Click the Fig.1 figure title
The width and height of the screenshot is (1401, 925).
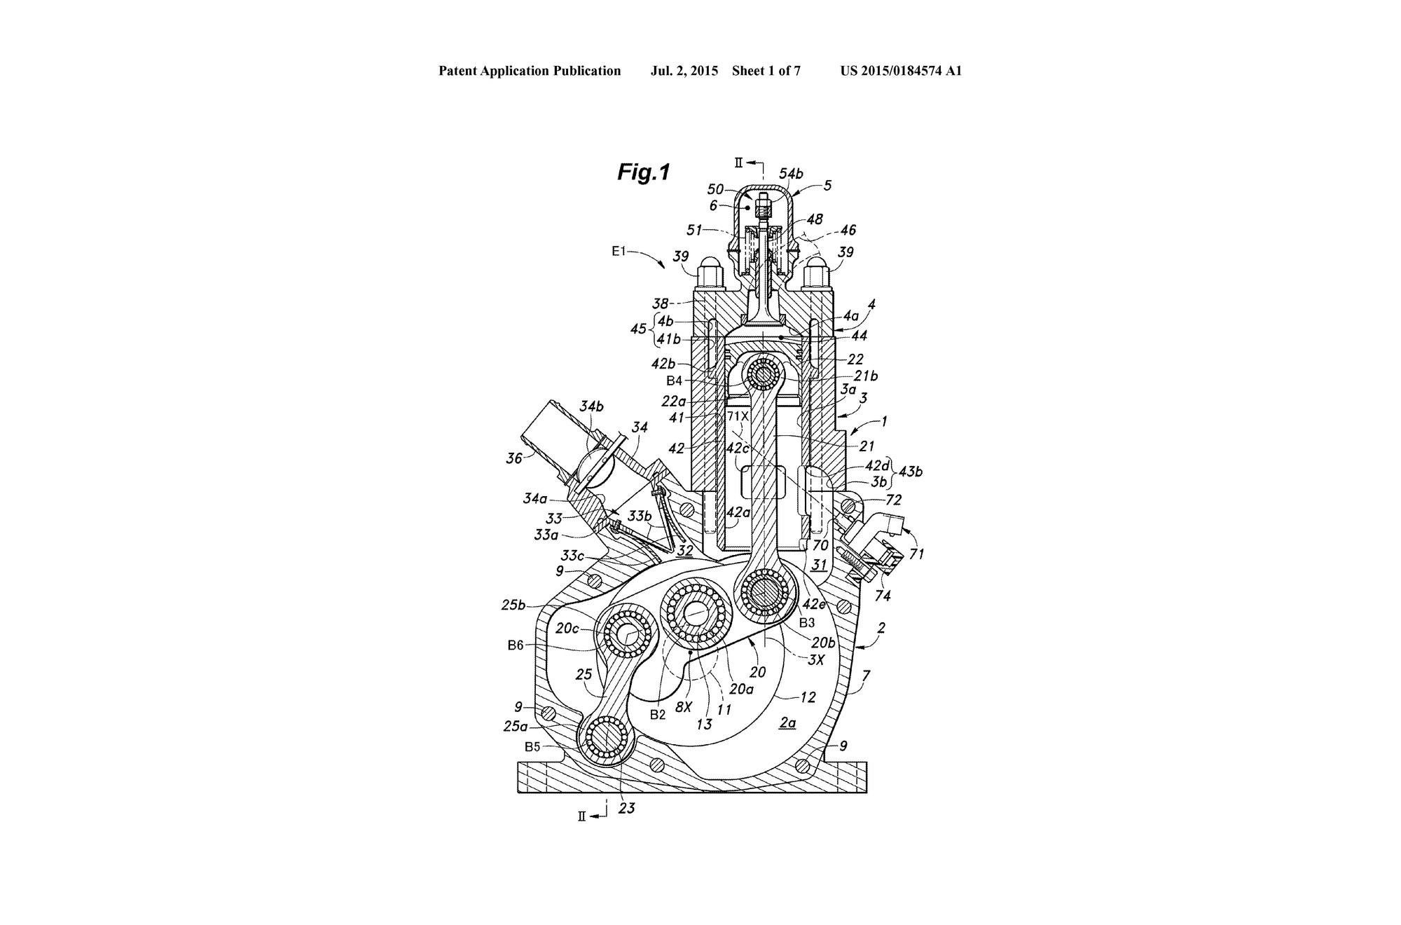click(643, 172)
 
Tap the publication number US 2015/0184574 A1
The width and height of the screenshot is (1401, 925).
click(901, 71)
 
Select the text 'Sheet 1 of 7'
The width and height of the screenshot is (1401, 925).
click(766, 71)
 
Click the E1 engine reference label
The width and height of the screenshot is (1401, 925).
click(619, 251)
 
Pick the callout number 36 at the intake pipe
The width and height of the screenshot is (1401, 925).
click(514, 458)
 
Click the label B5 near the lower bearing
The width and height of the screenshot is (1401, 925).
click(533, 747)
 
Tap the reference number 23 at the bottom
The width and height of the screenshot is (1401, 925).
click(626, 808)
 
